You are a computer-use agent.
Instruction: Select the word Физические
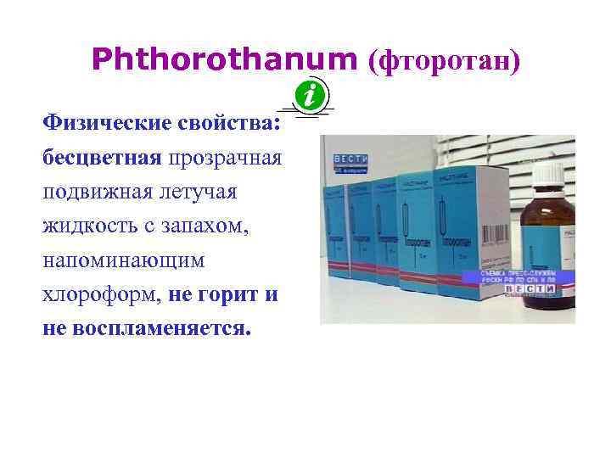click(x=108, y=124)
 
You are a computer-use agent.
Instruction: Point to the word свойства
click(x=228, y=124)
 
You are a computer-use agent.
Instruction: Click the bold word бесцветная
click(x=102, y=158)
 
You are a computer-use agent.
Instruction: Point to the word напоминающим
click(x=124, y=260)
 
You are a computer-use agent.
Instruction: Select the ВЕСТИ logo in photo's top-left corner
click(x=350, y=159)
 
